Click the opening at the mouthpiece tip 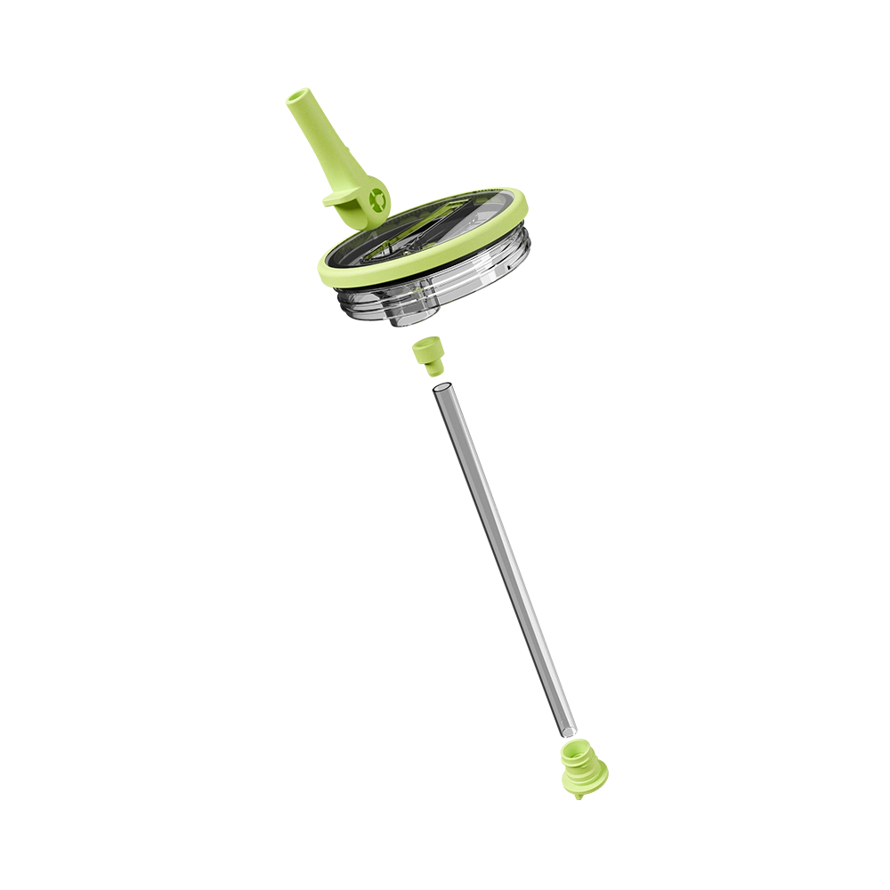point(297,97)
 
